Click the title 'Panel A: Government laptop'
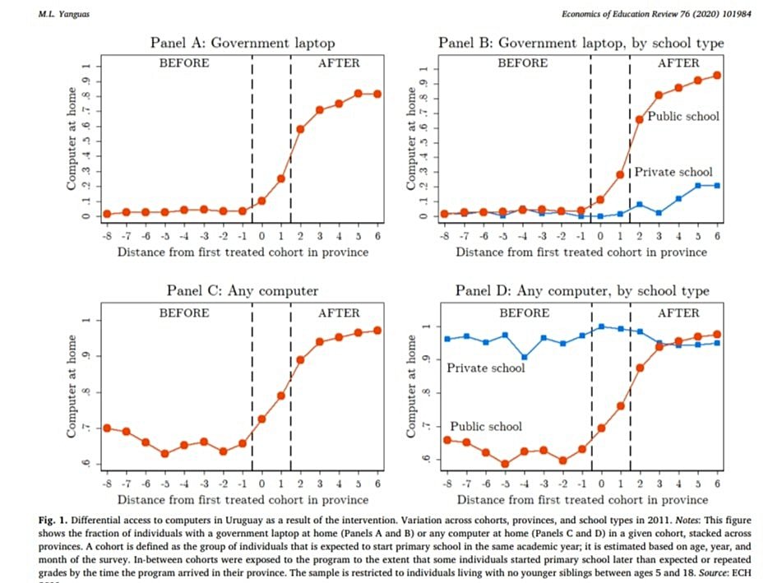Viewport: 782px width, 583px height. tap(243, 43)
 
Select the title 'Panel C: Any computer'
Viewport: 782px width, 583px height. tap(243, 290)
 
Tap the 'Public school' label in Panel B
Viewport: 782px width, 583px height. tap(683, 116)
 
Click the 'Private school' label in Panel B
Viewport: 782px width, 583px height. tap(673, 172)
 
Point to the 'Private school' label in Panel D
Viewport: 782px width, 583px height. tap(485, 368)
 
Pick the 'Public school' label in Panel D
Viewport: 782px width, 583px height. tap(485, 426)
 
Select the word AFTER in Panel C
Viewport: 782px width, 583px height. tap(339, 313)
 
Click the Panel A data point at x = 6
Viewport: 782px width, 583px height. tap(377, 94)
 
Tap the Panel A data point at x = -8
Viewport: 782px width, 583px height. tap(107, 214)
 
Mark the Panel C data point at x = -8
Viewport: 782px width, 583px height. tap(107, 428)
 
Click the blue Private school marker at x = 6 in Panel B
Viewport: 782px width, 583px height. tap(717, 185)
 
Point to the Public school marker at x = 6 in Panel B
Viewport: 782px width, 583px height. tap(717, 75)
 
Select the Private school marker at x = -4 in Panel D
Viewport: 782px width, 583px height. tap(525, 358)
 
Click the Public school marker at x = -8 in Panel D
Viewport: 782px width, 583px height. tap(447, 440)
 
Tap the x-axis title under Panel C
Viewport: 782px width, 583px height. tap(243, 499)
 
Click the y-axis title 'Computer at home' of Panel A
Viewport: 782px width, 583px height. tap(72, 140)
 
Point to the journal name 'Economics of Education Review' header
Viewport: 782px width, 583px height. tap(625, 14)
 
